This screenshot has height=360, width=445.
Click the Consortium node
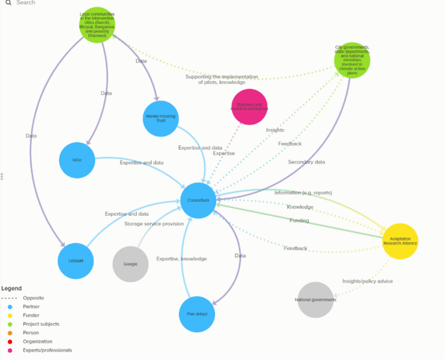pos(199,201)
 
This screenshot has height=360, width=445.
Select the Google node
pos(130,264)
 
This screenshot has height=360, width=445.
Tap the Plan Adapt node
pos(197,314)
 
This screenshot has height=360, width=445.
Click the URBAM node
pos(76,261)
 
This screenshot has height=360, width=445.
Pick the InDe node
pos(77,160)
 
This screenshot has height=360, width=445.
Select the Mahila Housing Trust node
pos(160,118)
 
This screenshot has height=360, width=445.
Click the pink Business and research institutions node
pos(249,107)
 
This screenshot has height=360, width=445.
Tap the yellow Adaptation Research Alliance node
pos(400,241)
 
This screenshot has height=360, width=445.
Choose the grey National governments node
pos(316,300)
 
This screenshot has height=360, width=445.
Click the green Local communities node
pos(97,25)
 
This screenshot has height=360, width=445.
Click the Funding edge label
pos(299,220)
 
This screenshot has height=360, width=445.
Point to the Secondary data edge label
pos(307,162)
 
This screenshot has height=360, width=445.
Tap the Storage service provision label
pos(154,224)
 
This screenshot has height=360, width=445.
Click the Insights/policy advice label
pos(367,281)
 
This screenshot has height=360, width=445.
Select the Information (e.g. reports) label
pos(303,192)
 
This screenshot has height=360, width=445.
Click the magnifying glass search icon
pos(8,3)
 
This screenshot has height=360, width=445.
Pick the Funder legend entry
pos(31,315)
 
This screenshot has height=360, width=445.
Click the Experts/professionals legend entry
pos(48,350)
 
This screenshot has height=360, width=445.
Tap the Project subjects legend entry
pos(41,324)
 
